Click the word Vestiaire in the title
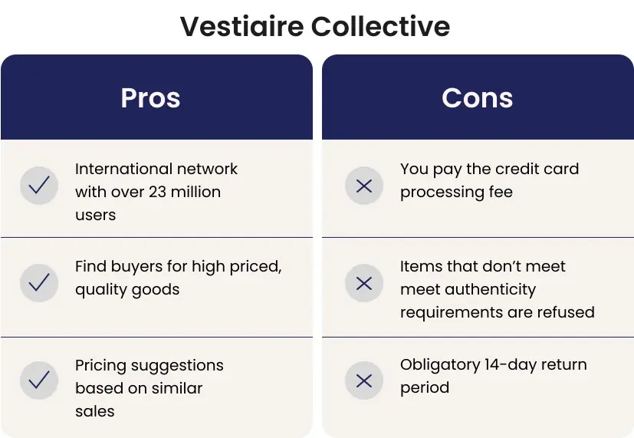(241, 26)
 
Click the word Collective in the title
(380, 26)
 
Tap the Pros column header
(150, 98)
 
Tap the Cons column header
(477, 98)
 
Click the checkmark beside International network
(39, 185)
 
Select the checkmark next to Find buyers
(39, 283)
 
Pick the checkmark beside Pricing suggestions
(39, 380)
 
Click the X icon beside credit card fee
(364, 185)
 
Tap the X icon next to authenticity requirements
(364, 283)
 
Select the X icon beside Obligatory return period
(364, 380)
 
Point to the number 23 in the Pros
(157, 192)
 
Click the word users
(95, 215)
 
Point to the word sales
(94, 411)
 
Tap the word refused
(568, 312)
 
